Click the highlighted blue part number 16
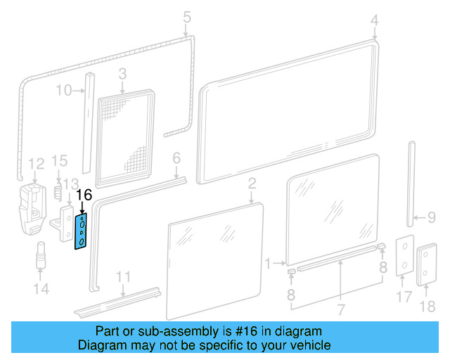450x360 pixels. pos(82,231)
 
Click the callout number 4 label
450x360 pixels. pos(375,19)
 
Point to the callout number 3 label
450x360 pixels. pos(122,73)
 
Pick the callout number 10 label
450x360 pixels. pos(63,91)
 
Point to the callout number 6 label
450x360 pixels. pos(176,157)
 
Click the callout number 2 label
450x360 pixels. pos(252,185)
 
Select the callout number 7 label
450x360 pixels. pos(340,310)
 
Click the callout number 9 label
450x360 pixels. pos(432,217)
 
